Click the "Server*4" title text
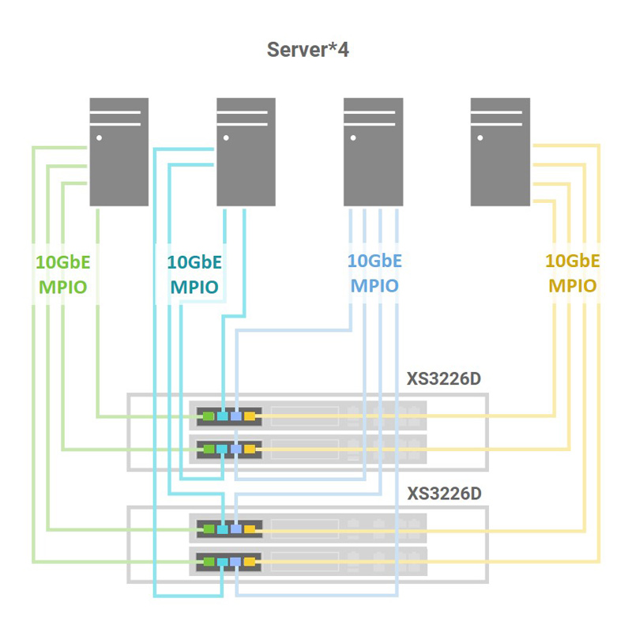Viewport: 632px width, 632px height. [x=308, y=51]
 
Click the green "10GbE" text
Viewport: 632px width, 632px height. [x=63, y=261]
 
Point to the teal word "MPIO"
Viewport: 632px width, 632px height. [x=194, y=285]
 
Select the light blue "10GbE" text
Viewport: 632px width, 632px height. [x=374, y=261]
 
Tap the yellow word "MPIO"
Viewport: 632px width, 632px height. [x=572, y=285]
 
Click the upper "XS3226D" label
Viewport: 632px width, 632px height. [x=443, y=378]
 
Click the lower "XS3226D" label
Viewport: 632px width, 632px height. [x=443, y=494]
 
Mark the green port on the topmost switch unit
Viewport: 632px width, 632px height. [x=209, y=416]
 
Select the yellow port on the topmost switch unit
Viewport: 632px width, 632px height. [x=250, y=416]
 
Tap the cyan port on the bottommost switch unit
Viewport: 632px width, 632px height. [x=222, y=561]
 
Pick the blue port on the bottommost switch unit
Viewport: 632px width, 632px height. [x=236, y=561]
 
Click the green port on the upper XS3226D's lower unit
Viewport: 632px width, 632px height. [x=209, y=449]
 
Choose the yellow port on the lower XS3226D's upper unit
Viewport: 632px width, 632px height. [x=250, y=528]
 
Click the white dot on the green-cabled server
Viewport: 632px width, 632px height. [x=99, y=137]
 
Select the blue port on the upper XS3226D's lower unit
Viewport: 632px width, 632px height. [x=236, y=449]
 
